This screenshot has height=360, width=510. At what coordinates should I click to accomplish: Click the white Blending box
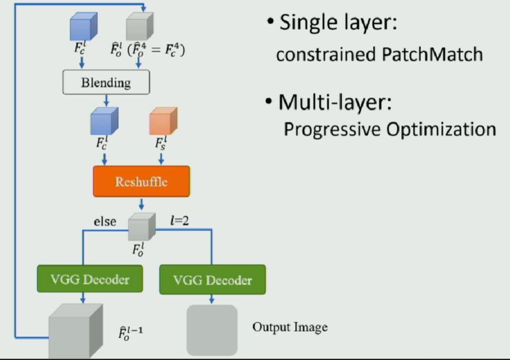[x=105, y=83]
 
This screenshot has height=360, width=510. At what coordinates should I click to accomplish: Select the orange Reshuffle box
[x=141, y=181]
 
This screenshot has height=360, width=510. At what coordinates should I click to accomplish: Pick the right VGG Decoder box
[x=212, y=281]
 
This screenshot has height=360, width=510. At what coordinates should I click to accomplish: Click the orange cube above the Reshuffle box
[x=163, y=121]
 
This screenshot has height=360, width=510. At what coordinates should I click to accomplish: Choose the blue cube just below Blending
[x=104, y=122]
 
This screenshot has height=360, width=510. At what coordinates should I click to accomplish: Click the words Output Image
[x=289, y=327]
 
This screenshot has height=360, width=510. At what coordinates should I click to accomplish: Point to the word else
[x=105, y=221]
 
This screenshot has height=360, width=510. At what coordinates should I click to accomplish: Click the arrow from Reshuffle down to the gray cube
[x=141, y=205]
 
